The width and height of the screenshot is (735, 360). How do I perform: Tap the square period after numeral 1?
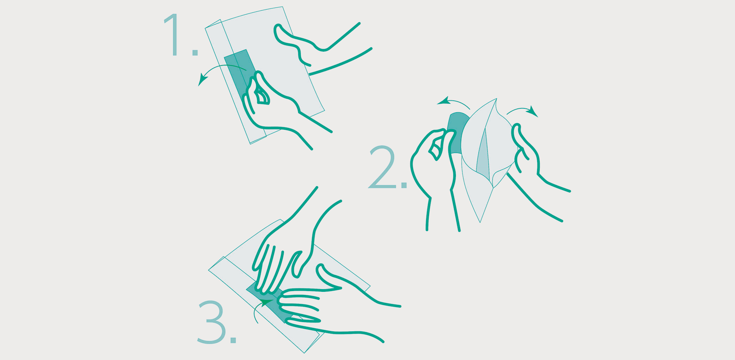(x=195, y=52)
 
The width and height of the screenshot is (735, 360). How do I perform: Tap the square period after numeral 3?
(x=233, y=340)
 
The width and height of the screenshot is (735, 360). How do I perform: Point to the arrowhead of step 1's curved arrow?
(x=202, y=80)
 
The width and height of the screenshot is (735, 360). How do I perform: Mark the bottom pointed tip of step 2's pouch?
(x=480, y=222)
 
